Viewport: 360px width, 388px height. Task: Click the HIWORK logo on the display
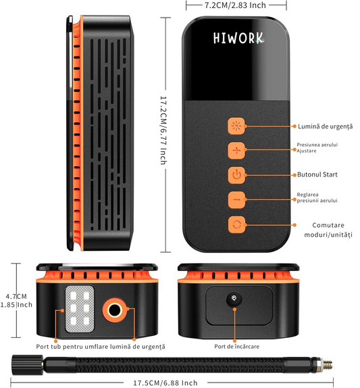point(238,39)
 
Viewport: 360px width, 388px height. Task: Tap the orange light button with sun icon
point(236,126)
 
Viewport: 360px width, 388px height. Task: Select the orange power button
point(236,175)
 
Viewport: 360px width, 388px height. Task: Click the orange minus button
point(236,199)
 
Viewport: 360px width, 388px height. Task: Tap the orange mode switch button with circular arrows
point(236,224)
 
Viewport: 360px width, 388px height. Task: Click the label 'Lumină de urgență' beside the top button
point(325,126)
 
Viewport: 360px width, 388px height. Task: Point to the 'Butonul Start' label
point(317,174)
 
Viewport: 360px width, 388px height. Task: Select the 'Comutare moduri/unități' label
point(328,230)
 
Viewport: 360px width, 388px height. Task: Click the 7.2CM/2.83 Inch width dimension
point(235,5)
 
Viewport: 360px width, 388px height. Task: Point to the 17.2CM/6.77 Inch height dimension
point(163,130)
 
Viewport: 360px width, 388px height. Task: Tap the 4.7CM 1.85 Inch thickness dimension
point(16,300)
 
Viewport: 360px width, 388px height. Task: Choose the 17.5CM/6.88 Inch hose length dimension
point(165,383)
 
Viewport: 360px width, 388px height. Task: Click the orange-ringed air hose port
point(115,310)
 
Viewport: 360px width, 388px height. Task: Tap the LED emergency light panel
point(80,309)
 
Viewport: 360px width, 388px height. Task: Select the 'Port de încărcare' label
point(237,346)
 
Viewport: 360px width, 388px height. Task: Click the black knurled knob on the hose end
point(27,365)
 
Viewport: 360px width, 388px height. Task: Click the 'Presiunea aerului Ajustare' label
point(317,148)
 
